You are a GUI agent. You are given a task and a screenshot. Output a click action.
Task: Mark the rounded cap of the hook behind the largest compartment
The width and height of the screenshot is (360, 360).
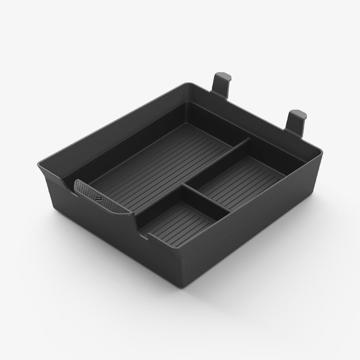pyautogui.click(x=223, y=75)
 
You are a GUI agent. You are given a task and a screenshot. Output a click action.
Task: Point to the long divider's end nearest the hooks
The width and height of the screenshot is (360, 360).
pyautogui.click(x=247, y=141)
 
